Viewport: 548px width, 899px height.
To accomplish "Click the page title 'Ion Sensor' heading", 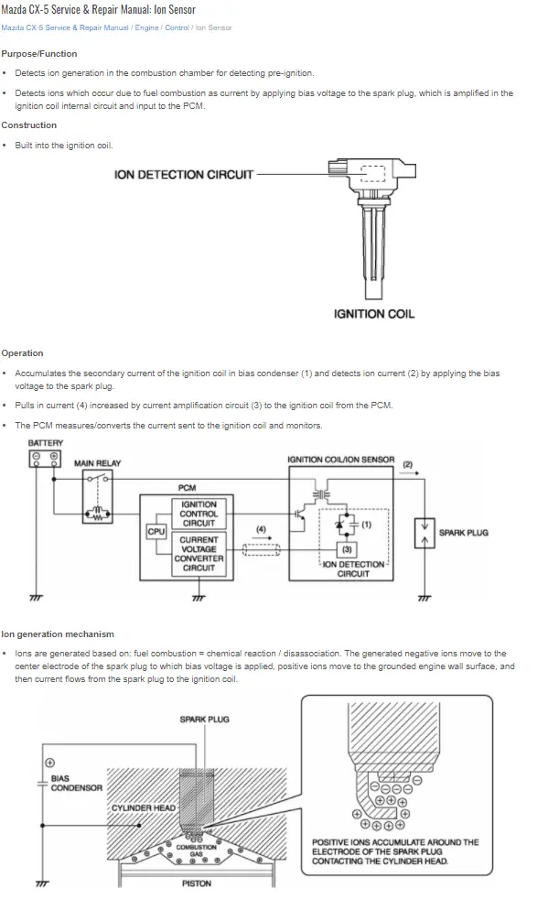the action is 98,9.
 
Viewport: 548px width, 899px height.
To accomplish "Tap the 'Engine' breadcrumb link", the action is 146,27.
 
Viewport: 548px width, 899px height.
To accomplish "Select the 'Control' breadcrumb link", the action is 177,27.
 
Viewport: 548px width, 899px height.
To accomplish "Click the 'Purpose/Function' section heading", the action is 39,54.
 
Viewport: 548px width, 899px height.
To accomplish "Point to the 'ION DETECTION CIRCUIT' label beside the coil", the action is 184,174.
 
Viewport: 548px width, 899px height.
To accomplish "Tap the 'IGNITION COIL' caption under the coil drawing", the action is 374,314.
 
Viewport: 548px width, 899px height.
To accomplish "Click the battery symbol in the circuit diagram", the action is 45,458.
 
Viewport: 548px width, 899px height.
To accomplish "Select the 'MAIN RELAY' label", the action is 98,463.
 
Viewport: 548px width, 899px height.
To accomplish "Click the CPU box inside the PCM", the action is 156,532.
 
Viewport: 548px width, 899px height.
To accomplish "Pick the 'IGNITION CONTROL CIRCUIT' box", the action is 199,514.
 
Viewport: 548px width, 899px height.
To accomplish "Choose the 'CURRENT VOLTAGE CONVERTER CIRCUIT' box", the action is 199,554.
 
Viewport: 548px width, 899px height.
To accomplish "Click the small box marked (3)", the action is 347,549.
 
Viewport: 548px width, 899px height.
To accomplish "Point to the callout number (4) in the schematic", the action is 261,528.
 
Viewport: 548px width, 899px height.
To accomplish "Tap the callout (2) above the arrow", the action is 407,464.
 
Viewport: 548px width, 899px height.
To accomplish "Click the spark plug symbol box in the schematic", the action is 424,533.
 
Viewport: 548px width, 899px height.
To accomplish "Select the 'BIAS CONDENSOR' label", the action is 76,783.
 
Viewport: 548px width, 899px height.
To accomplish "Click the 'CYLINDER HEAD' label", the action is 144,807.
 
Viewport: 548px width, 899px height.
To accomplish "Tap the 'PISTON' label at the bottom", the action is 197,883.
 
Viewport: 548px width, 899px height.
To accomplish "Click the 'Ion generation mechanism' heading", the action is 58,634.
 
